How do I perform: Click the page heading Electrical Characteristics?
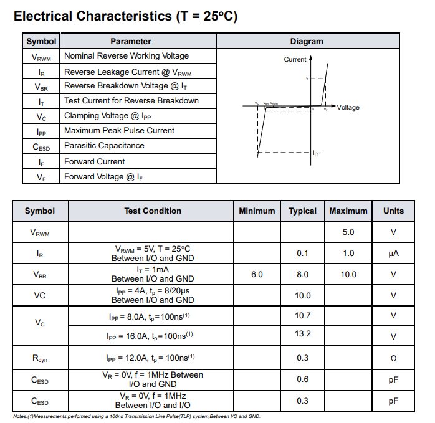click(x=125, y=16)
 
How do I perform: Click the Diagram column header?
click(x=307, y=41)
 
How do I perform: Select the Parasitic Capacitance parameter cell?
click(x=104, y=146)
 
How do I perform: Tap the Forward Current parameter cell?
click(x=95, y=161)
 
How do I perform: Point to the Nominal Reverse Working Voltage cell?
click(x=127, y=56)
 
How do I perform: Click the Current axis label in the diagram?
click(x=295, y=60)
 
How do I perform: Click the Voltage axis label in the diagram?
click(x=348, y=108)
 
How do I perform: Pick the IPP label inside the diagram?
click(x=317, y=153)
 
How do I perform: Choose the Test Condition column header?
click(x=153, y=211)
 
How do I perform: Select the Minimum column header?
click(x=257, y=211)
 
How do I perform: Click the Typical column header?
click(x=303, y=211)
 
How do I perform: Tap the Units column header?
click(x=393, y=211)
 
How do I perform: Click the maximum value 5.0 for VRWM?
click(x=348, y=232)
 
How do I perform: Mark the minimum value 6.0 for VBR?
click(x=257, y=274)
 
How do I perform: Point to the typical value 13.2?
click(x=303, y=334)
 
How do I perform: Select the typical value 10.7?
click(x=303, y=316)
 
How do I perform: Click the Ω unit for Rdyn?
click(x=393, y=358)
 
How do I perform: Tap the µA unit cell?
click(x=393, y=253)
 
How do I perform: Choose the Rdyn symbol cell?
click(x=40, y=358)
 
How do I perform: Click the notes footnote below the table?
click(x=136, y=416)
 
